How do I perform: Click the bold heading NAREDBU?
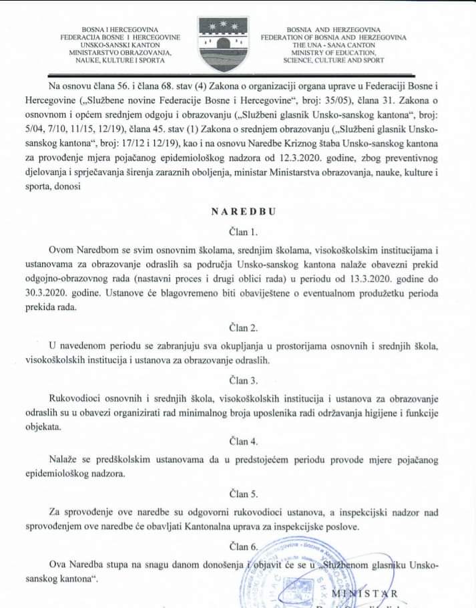(239, 211)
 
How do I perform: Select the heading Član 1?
(238, 233)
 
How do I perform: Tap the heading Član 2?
(238, 328)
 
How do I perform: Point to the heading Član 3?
(238, 381)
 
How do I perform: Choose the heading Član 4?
(238, 441)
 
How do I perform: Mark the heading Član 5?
(238, 494)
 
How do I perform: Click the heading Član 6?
(238, 547)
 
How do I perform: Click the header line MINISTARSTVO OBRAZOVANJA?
(120, 52)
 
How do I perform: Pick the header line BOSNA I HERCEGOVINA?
(120, 30)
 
